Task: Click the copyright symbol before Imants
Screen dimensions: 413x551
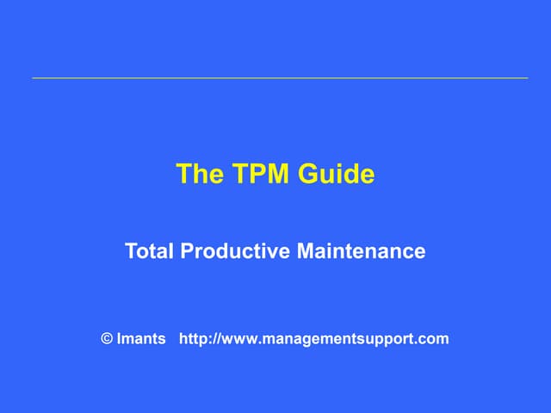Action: click(107, 338)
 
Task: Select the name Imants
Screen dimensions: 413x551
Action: click(141, 338)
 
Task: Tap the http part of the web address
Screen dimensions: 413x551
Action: click(194, 338)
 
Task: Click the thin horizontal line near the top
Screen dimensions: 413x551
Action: click(280, 78)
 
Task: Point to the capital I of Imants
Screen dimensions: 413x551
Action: click(120, 338)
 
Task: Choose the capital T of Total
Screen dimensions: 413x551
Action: click(131, 251)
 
